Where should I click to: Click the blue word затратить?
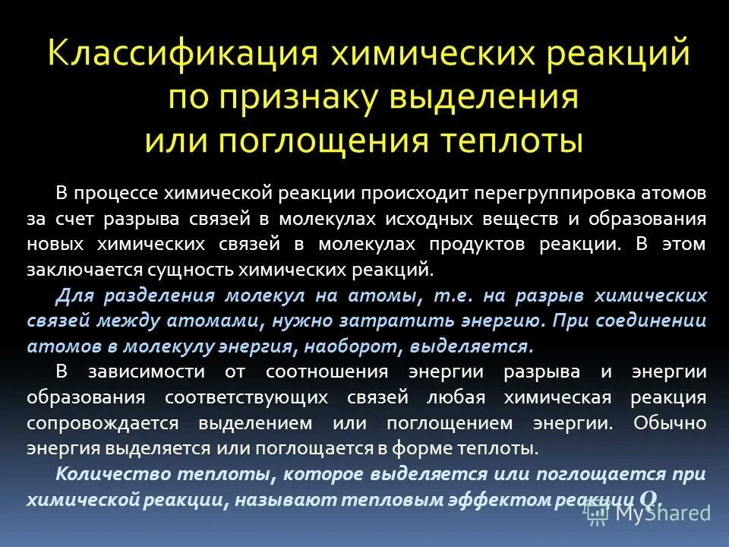[x=406, y=321]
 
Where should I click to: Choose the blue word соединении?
[x=643, y=321]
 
